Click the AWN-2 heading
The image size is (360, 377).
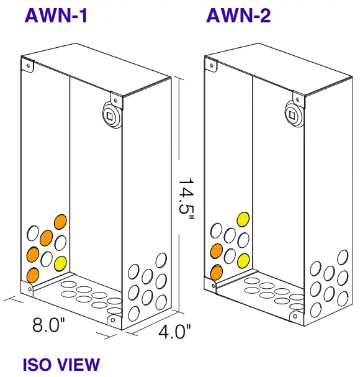click(x=238, y=16)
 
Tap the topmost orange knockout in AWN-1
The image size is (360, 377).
click(x=60, y=222)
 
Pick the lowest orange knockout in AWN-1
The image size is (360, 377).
click(x=33, y=275)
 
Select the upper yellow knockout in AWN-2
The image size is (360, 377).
click(x=243, y=219)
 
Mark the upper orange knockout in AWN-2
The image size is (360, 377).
click(x=217, y=251)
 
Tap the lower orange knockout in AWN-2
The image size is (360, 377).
click(x=217, y=271)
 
